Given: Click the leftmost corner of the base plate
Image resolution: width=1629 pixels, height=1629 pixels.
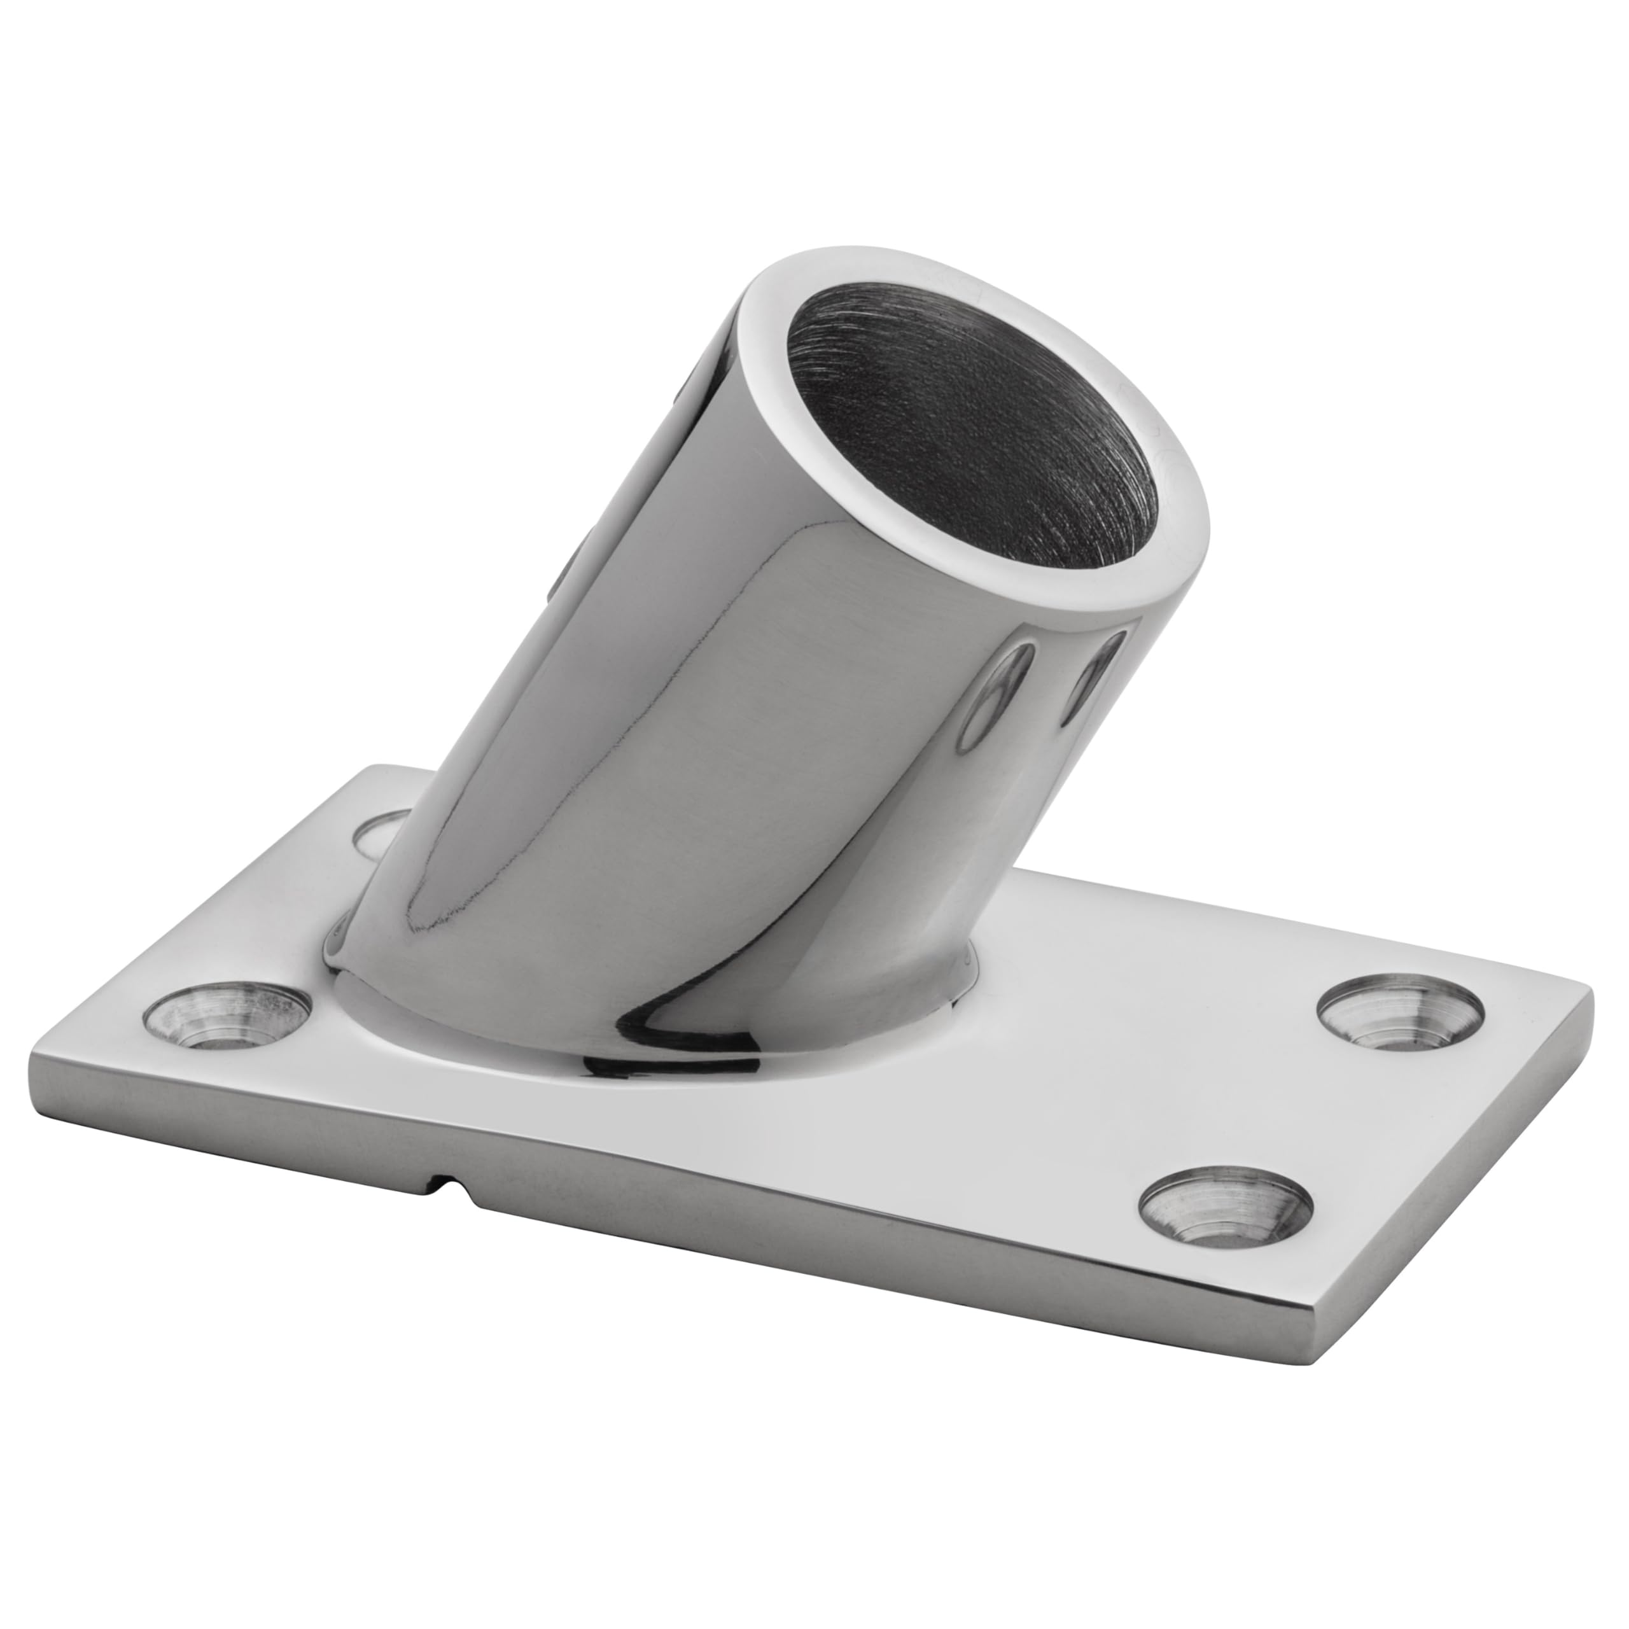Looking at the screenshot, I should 34,1071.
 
